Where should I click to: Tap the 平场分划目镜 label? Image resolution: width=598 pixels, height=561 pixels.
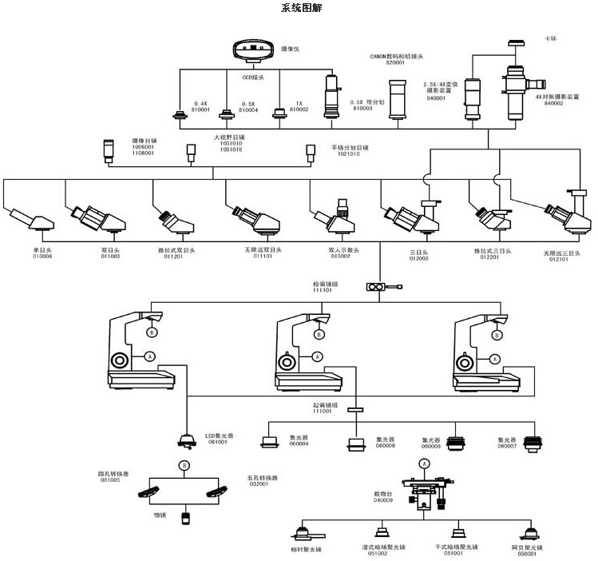pyautogui.click(x=350, y=147)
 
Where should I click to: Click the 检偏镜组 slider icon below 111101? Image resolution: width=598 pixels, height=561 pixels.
pyautogui.click(x=376, y=286)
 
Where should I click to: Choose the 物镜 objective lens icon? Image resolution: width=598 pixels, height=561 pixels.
pyautogui.click(x=185, y=518)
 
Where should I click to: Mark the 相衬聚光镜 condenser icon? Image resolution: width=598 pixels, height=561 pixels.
pyautogui.click(x=304, y=534)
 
